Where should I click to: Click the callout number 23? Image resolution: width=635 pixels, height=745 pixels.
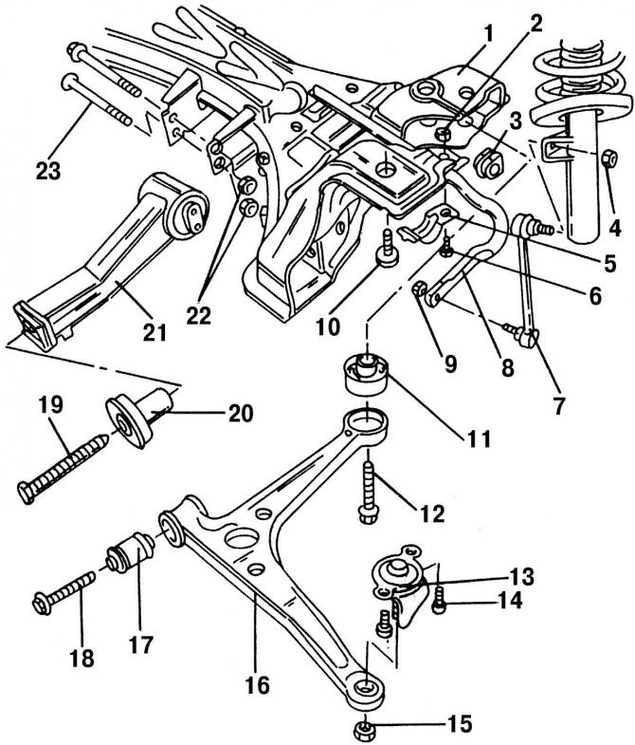point(46,172)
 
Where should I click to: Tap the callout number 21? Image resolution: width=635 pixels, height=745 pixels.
point(153,331)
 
